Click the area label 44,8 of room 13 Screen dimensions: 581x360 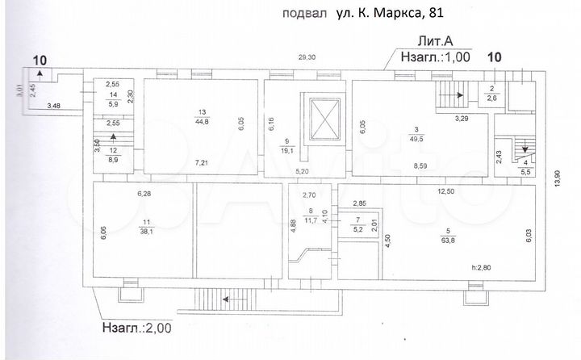pyautogui.click(x=203, y=122)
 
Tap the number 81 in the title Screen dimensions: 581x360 pyautogui.click(x=433, y=13)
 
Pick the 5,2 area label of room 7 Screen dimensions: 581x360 pyautogui.click(x=357, y=229)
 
